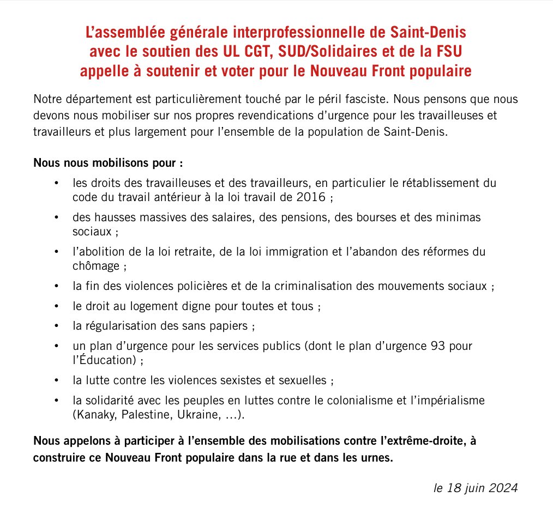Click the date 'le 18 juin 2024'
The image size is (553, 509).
(x=475, y=487)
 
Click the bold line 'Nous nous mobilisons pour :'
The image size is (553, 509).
(x=108, y=162)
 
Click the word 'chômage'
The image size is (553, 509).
(x=95, y=266)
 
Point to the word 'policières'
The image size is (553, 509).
(x=206, y=286)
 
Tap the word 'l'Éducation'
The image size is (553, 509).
(x=102, y=360)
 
